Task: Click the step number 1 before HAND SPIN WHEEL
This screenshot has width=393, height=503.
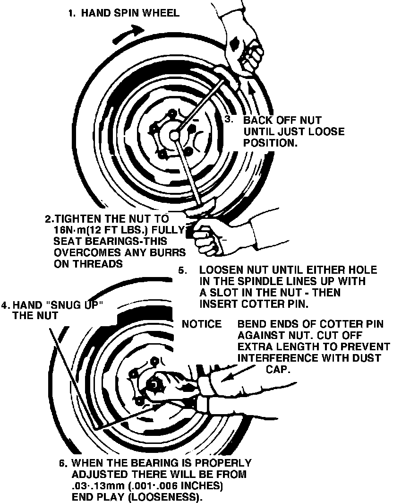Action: tap(71, 13)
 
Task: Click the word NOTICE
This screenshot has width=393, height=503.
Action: tap(201, 324)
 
